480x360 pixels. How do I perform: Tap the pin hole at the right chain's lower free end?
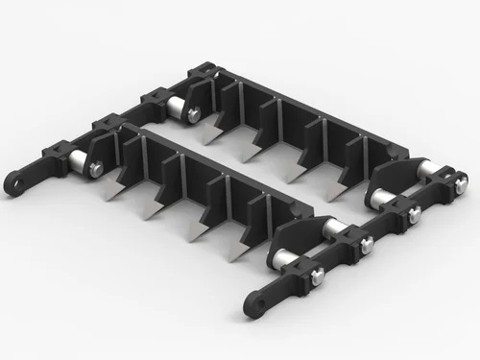tap(255, 305)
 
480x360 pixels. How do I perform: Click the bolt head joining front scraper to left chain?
tap(96, 170)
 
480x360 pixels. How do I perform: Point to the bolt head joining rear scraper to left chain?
tap(194, 115)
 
